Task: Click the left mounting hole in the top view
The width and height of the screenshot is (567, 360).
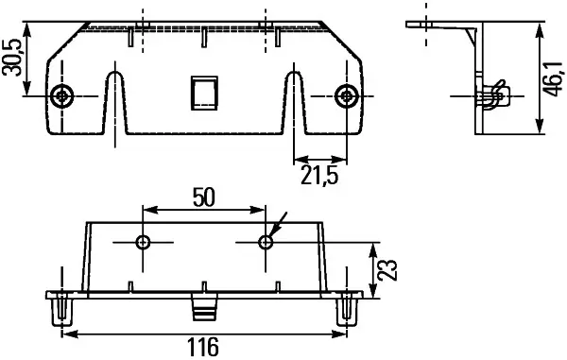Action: [x=63, y=94]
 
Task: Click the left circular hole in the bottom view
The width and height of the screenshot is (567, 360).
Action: [x=144, y=243]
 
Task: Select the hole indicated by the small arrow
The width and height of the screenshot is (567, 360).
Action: [x=266, y=243]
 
